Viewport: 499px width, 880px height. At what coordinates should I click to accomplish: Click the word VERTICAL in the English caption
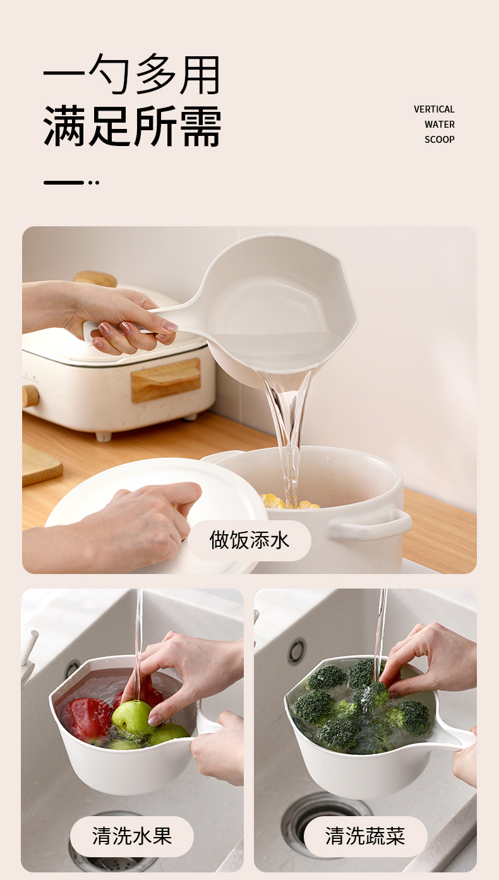pyautogui.click(x=434, y=109)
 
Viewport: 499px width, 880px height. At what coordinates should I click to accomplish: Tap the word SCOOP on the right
pyautogui.click(x=440, y=140)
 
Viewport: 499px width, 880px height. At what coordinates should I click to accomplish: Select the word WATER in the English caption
pyautogui.click(x=440, y=125)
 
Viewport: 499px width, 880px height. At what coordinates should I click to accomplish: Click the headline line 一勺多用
pyautogui.click(x=131, y=74)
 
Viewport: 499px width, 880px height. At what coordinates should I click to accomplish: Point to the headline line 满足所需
pyautogui.click(x=132, y=126)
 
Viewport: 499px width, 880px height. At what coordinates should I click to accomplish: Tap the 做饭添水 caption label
pyautogui.click(x=249, y=540)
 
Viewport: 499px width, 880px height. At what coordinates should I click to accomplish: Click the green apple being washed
pyautogui.click(x=132, y=718)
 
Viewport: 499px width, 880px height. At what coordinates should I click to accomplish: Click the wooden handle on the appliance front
pyautogui.click(x=165, y=379)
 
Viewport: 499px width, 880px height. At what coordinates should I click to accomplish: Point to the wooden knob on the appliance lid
pyautogui.click(x=95, y=279)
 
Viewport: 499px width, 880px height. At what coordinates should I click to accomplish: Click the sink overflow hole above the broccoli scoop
pyautogui.click(x=298, y=651)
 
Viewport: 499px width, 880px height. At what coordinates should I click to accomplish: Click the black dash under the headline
pyautogui.click(x=64, y=183)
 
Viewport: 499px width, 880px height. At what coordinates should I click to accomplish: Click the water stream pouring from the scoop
pyautogui.click(x=289, y=436)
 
